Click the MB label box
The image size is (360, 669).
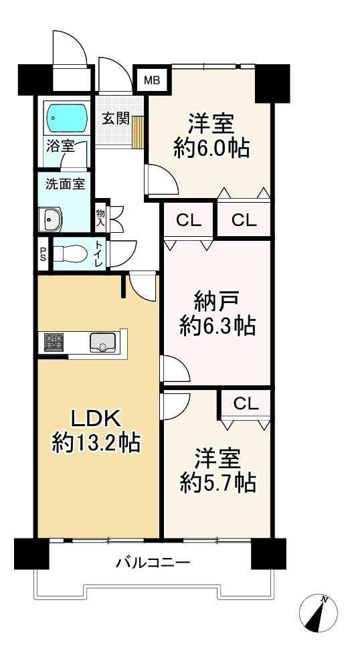153,81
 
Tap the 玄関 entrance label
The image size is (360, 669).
115,118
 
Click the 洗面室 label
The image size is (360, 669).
65,184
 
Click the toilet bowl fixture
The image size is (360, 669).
68,254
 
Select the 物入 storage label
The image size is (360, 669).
100,218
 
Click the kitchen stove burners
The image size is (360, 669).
54,343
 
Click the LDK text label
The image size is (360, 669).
96,419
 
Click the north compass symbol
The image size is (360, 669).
319,613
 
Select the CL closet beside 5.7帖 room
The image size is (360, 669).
246,403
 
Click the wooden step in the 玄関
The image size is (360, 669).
139,130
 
